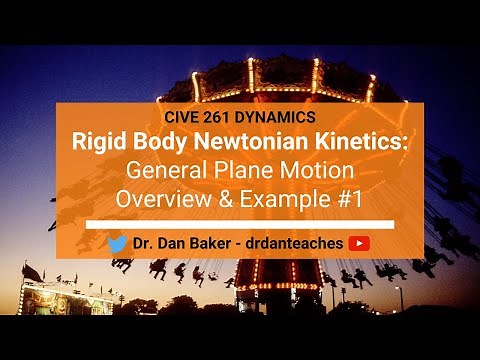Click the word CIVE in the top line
(x=176, y=115)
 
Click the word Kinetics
(x=363, y=141)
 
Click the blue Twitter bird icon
(x=117, y=243)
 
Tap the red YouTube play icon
(x=360, y=243)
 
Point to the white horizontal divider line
(x=240, y=224)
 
